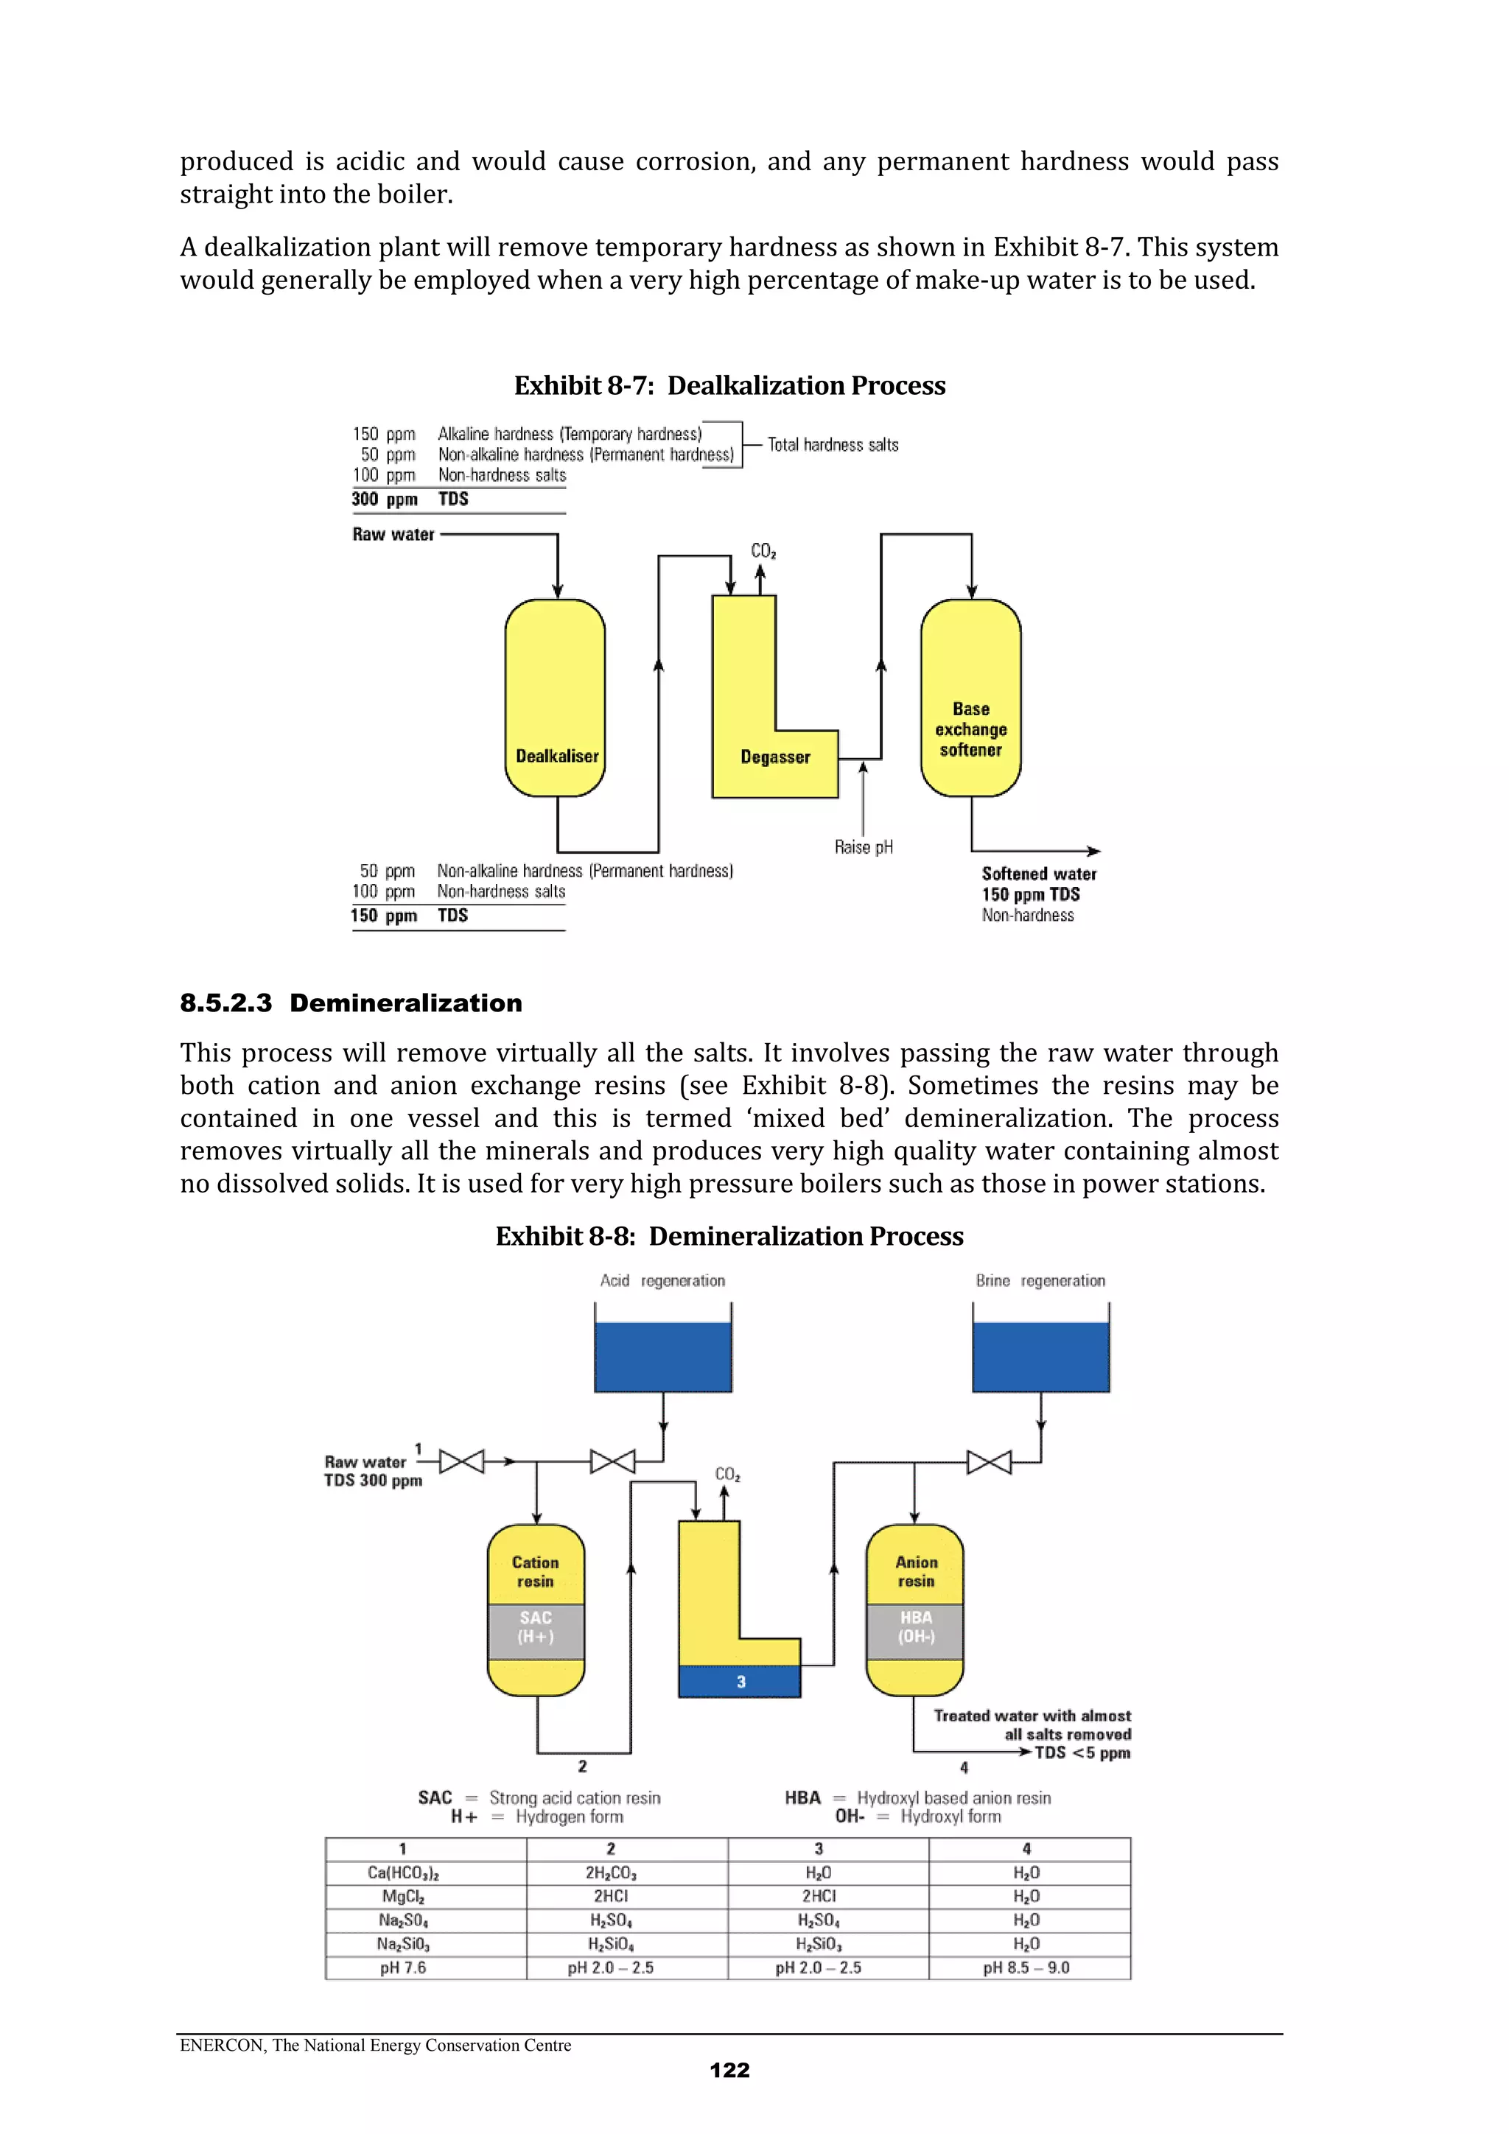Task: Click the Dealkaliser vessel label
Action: point(557,756)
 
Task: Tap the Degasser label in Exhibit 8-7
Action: point(774,757)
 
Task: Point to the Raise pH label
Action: point(863,846)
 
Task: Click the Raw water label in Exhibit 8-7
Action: point(393,535)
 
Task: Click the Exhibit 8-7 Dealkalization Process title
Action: point(730,386)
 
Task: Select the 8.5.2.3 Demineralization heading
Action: point(351,1003)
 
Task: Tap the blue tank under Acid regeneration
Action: point(663,1357)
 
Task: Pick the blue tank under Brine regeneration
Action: point(1040,1357)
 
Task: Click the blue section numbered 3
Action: point(740,1682)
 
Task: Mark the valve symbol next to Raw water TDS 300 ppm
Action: point(461,1462)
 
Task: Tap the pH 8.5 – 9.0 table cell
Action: point(1026,1968)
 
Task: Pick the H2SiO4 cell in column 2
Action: point(611,1943)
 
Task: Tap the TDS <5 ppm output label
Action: point(1082,1753)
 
